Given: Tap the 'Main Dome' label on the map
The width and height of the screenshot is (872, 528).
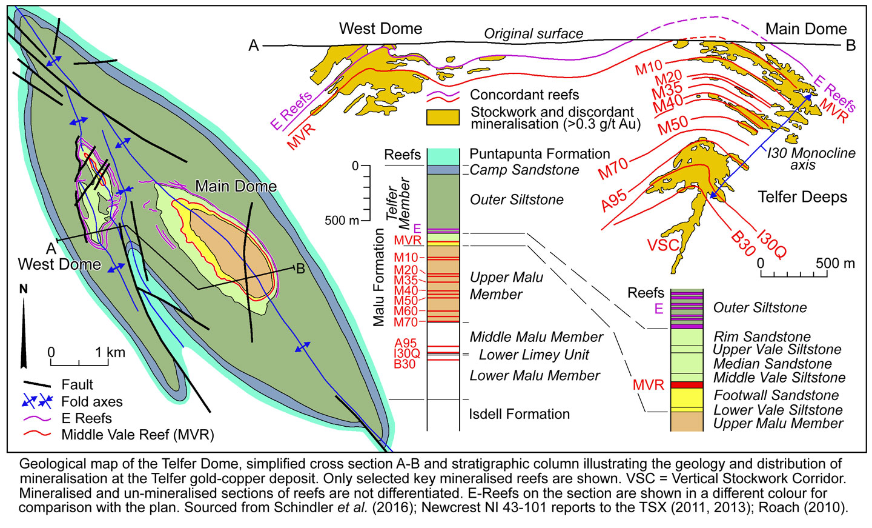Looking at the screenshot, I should click(236, 187).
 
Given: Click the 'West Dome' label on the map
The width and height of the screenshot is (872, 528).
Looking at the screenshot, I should click(59, 264).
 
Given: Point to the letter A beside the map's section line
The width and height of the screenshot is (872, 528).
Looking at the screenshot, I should click(51, 249).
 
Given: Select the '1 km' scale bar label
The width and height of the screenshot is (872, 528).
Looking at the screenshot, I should click(110, 352).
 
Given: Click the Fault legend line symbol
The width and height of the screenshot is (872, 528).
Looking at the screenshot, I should click(38, 385).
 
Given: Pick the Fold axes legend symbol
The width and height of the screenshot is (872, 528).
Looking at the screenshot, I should click(38, 401).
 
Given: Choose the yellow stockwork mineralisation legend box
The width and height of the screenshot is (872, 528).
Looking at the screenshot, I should click(443, 117).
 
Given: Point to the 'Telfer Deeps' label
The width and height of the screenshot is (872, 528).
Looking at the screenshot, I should click(802, 197).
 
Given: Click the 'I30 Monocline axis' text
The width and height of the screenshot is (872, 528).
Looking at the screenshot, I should click(811, 159).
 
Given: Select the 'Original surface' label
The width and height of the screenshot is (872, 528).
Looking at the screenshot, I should click(533, 34).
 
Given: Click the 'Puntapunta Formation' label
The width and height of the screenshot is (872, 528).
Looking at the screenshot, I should click(540, 154).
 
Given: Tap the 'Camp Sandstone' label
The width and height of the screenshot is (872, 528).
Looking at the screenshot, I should click(524, 170).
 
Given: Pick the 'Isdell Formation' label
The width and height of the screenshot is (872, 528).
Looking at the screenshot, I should click(519, 414).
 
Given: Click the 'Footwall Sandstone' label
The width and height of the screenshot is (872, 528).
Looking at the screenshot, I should click(776, 395).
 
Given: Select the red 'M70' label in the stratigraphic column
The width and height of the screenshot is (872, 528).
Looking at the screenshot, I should click(406, 321).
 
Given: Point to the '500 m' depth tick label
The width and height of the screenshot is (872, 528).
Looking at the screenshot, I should click(342, 221).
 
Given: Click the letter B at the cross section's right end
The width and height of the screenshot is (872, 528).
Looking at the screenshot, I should click(850, 46).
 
